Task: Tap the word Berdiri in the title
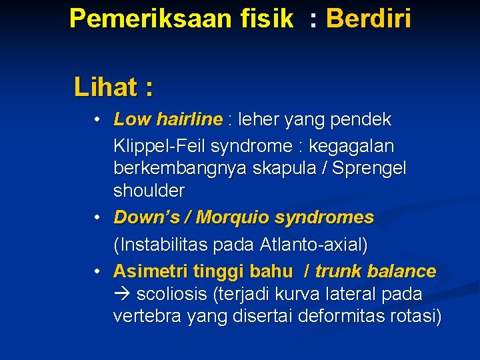369,19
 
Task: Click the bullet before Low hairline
97,120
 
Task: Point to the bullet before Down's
97,218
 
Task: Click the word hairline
189,120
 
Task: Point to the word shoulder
149,191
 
